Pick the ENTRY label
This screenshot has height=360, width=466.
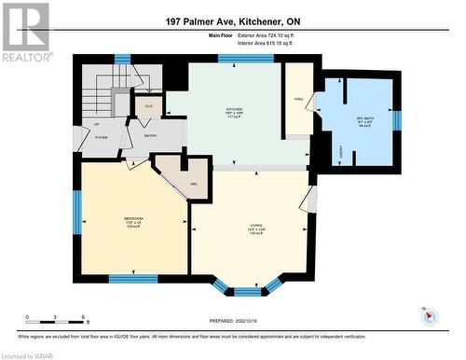click(x=151, y=136)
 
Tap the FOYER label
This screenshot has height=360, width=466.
click(x=100, y=137)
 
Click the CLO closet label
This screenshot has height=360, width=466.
click(x=148, y=104)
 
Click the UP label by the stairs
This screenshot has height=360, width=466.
click(x=97, y=123)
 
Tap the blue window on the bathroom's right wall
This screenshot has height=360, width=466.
click(x=397, y=119)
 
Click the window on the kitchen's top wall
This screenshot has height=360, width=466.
click(x=245, y=58)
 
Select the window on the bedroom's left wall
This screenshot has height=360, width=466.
click(x=77, y=212)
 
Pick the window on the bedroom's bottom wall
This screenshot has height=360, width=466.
click(x=132, y=278)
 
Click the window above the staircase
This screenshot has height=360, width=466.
click(x=122, y=59)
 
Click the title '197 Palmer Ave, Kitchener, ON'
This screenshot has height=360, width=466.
click(x=232, y=21)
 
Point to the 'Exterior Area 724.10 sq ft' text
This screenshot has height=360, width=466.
click(x=271, y=35)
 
